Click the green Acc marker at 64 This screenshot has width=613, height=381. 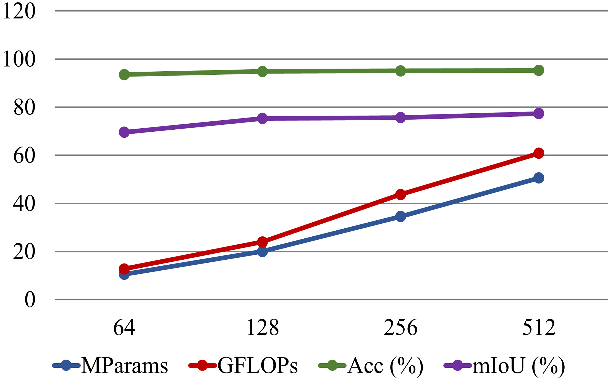click(x=124, y=74)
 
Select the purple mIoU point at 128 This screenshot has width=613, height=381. click(x=262, y=118)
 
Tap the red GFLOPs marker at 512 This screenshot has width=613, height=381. click(x=539, y=153)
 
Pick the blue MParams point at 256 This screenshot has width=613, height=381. click(x=400, y=216)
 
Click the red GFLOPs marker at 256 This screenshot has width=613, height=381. click(x=400, y=194)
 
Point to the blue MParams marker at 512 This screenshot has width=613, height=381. click(x=539, y=178)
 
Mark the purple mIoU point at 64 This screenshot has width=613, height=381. click(x=124, y=132)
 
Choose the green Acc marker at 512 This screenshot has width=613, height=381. click(x=539, y=71)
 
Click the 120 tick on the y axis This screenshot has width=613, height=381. click(x=19, y=12)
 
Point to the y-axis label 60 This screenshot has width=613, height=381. click(x=24, y=156)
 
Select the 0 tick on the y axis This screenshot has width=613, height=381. click(x=30, y=300)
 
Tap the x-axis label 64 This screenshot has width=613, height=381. click(x=124, y=328)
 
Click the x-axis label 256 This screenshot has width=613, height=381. click(x=400, y=328)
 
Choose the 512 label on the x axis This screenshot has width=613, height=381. click(x=539, y=328)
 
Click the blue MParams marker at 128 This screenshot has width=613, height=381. click(x=262, y=251)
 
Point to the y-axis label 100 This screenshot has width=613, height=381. click(x=19, y=60)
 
